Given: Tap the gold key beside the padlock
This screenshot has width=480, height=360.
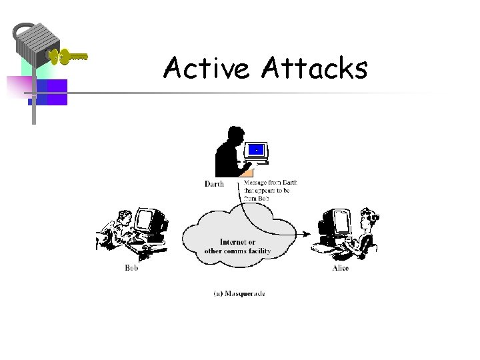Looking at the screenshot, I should (69, 57).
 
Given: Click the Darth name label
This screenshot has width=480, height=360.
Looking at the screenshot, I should (214, 184).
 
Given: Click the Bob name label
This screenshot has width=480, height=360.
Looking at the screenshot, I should (131, 268).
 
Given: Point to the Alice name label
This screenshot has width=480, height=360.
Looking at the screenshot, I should (340, 268).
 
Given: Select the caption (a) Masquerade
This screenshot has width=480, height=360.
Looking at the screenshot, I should (239, 293).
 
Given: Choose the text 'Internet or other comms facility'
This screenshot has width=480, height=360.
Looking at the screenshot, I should (237, 246).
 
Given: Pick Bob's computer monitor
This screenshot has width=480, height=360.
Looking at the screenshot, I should (147, 221).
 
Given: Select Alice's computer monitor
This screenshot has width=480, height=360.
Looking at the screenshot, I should (340, 221).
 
